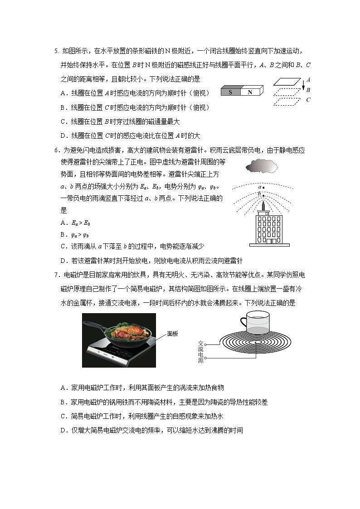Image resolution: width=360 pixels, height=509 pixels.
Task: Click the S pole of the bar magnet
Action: [x=230, y=92]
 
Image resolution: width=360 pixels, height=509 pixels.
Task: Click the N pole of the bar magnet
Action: [x=250, y=92]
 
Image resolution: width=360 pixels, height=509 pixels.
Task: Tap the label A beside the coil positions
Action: [x=308, y=79]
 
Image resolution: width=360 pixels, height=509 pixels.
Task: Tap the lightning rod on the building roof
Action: [x=263, y=205]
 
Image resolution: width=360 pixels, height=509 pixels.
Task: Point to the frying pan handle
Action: [x=93, y=325]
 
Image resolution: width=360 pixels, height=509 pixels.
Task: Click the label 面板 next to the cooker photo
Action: [x=173, y=334]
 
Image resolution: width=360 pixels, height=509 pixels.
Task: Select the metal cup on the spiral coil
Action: [x=255, y=325]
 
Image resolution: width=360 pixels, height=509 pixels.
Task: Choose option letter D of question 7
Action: [x=63, y=430]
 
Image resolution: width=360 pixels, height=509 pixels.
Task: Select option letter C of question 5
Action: [x=63, y=121]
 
